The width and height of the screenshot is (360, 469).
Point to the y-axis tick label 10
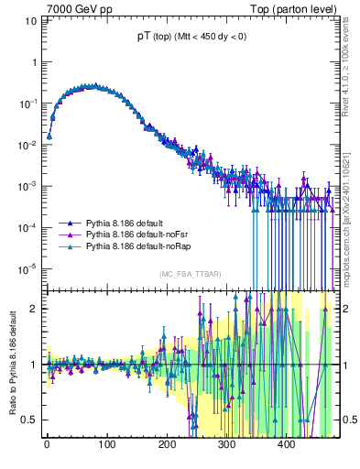32,21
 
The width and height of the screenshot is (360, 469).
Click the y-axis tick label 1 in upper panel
34,62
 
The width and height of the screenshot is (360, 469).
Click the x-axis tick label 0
47,444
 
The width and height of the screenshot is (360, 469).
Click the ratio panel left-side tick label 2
34,308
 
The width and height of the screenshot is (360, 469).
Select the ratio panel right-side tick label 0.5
346,420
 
